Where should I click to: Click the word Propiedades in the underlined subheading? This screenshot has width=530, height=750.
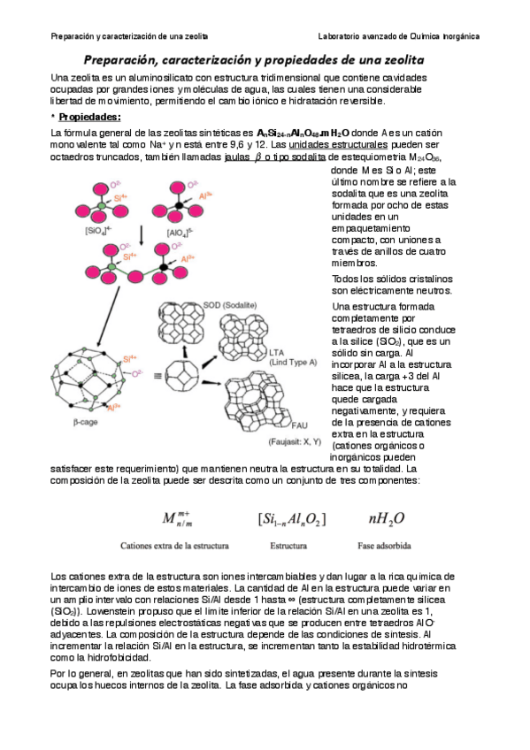pos(89,117)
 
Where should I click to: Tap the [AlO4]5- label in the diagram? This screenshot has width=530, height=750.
pos(178,233)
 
